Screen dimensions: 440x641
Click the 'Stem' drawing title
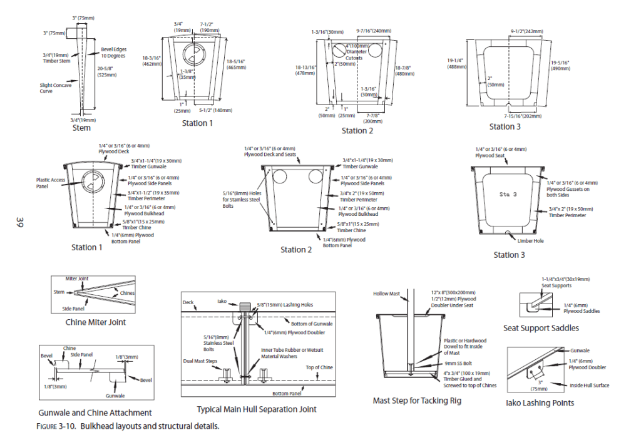[81, 128]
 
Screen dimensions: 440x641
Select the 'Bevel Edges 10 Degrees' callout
[113, 52]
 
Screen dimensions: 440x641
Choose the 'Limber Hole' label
[530, 240]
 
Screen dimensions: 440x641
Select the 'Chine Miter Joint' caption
[96, 322]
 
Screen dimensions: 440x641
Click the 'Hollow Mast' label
[386, 293]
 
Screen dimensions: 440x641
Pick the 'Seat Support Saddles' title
[541, 328]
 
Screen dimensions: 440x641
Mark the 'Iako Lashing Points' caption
[540, 402]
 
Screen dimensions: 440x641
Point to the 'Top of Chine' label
[319, 367]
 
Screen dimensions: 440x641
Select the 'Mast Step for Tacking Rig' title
[417, 400]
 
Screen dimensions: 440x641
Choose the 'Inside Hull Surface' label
[588, 386]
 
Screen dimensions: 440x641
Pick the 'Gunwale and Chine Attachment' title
[95, 412]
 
